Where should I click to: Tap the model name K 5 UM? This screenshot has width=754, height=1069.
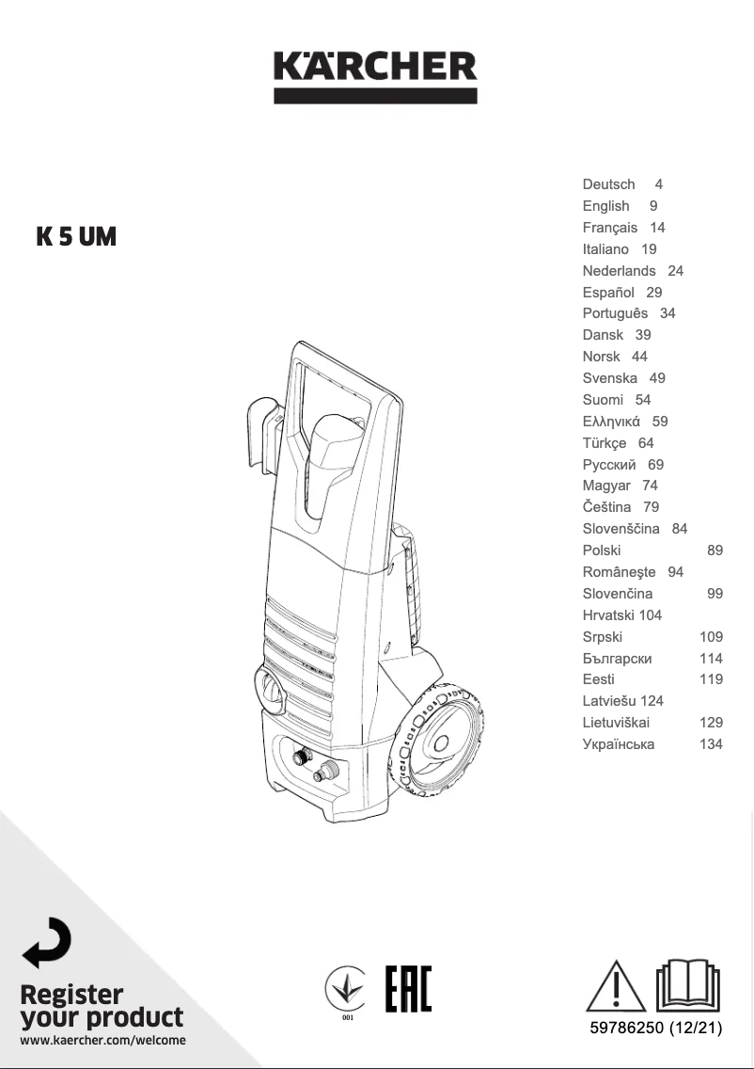coord(76,237)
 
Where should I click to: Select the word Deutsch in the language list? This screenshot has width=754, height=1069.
coord(608,184)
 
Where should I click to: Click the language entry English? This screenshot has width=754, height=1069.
coord(605,206)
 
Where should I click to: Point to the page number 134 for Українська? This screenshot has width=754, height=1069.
coord(711,744)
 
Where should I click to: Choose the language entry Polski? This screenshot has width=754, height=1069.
coord(602,550)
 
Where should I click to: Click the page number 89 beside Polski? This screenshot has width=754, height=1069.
coord(715,550)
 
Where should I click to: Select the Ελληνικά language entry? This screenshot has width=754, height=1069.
coord(611,422)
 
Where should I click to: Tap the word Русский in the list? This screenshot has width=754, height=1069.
coord(609,465)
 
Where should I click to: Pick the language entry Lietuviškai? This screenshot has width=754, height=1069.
coord(616,723)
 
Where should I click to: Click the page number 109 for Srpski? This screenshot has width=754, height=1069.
coord(711,637)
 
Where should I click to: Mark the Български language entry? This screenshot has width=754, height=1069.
coord(617,659)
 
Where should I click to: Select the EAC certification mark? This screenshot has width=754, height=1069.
coord(409,988)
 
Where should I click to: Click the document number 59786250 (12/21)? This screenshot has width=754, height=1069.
coord(653,1028)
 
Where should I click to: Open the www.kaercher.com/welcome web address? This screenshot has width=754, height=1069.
coord(102,1040)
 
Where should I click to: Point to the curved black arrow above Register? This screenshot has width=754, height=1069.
coord(46,943)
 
